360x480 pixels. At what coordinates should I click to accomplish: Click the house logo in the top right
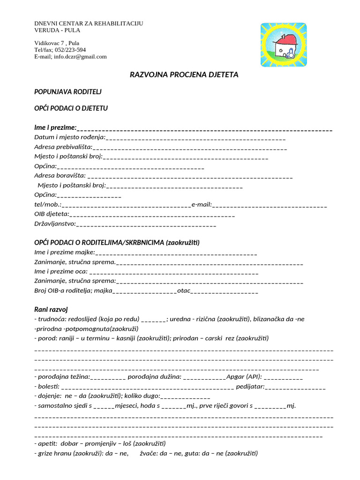(283, 45)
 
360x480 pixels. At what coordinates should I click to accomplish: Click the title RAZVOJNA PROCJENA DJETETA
(184, 75)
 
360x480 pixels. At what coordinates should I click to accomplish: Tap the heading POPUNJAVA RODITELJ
(68, 91)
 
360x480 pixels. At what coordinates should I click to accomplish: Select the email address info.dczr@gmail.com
(80, 57)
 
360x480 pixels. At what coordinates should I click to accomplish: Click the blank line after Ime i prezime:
(205, 129)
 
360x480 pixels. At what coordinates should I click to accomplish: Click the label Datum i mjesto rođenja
(69, 137)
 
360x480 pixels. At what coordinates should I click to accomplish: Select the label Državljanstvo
(54, 224)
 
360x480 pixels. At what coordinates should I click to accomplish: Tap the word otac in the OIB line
(184, 291)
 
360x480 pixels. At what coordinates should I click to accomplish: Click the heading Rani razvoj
(51, 309)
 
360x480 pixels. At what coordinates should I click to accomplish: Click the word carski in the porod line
(214, 338)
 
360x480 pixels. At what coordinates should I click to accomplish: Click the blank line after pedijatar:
(295, 387)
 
